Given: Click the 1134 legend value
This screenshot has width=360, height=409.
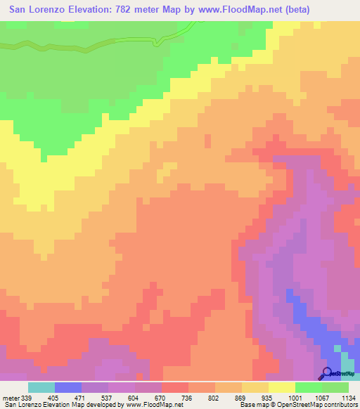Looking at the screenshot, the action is pyautogui.click(x=347, y=396).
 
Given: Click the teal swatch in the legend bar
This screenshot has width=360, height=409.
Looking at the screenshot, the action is pyautogui.click(x=41, y=387).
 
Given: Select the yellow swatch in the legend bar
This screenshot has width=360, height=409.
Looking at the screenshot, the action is pyautogui.click(x=282, y=387).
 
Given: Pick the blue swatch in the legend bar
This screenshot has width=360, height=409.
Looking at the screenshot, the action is pyautogui.click(x=68, y=387).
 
